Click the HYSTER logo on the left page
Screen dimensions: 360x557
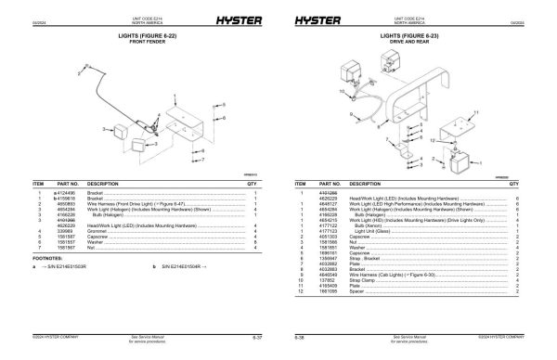coord(211,19)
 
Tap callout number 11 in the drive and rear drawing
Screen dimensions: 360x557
coord(475,110)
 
